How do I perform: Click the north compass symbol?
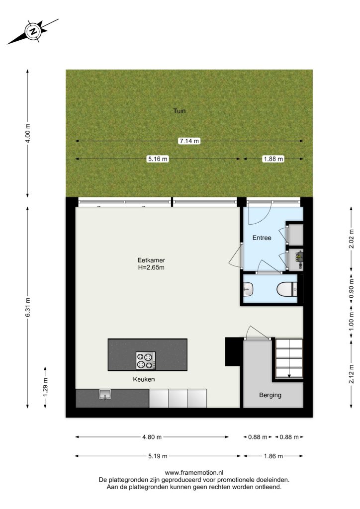33,31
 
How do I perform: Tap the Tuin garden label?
180,111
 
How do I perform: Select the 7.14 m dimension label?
189,141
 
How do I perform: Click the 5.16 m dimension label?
158,159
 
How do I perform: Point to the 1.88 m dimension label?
273,159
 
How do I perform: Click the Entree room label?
262,238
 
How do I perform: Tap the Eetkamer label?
151,260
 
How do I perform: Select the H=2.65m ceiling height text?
151,267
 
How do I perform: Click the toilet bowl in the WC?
287,289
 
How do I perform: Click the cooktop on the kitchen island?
145,361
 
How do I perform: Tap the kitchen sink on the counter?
105,394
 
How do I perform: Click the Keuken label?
144,379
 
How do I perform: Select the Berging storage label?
270,395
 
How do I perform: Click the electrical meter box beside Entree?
296,259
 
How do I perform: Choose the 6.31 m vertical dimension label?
28,307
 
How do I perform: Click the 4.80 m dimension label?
152,437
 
